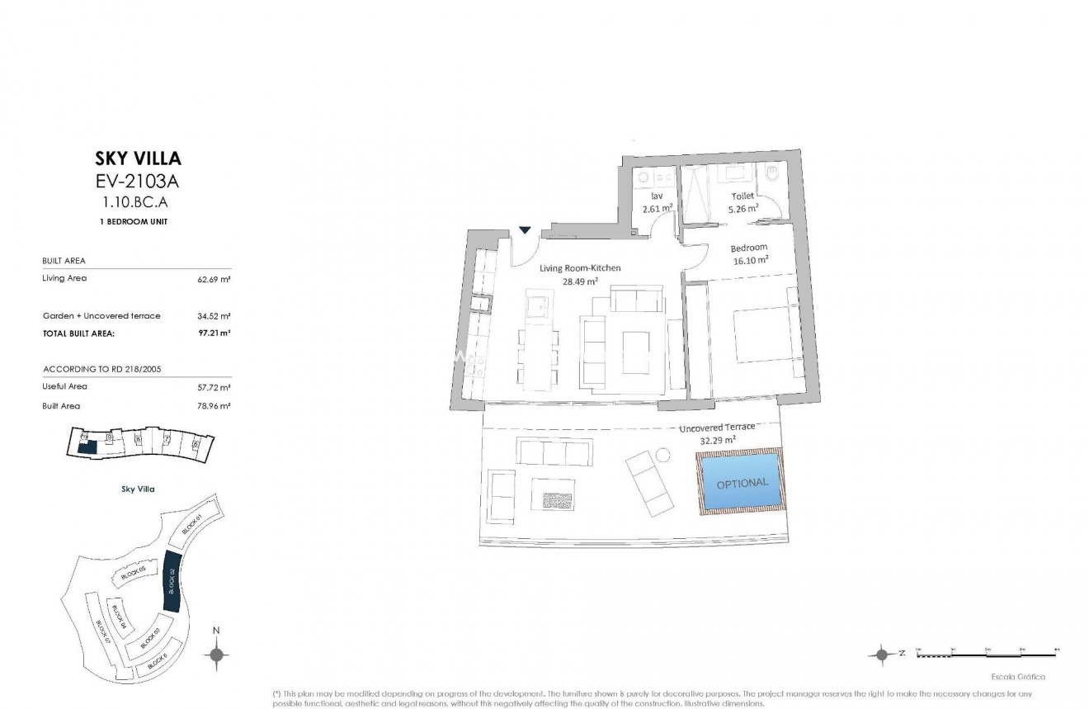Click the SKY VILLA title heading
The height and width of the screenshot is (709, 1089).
click(x=139, y=158)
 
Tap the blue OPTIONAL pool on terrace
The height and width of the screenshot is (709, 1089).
click(x=742, y=483)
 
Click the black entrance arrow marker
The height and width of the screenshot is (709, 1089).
click(x=525, y=230)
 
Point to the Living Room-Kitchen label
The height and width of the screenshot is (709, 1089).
click(x=580, y=268)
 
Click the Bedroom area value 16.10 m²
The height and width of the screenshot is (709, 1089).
click(x=751, y=259)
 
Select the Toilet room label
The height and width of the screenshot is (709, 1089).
click(x=742, y=196)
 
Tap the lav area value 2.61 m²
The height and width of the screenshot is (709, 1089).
click(x=658, y=208)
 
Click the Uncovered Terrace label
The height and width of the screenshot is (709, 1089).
click(x=717, y=428)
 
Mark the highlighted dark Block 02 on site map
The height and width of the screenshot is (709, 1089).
click(x=172, y=580)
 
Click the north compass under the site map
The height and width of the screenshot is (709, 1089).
click(x=216, y=655)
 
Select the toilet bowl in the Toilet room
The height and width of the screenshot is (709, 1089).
click(x=771, y=175)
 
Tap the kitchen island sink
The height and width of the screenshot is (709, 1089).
click(x=536, y=306)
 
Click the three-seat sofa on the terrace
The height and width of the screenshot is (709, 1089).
click(x=554, y=451)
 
